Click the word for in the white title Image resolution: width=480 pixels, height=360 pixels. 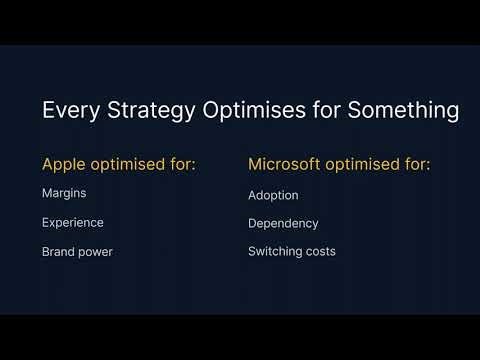[323, 111]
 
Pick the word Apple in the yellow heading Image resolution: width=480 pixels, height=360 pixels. [63, 164]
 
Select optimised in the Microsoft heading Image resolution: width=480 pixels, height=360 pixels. [366, 164]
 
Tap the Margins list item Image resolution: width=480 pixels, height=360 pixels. [63, 195]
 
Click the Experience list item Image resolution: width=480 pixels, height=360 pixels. [72, 223]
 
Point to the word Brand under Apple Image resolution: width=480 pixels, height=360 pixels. [59, 252]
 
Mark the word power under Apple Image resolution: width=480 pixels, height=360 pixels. [97, 252]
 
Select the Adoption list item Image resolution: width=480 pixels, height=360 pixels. [273, 195]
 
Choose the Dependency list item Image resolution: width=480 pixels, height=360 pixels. [283, 223]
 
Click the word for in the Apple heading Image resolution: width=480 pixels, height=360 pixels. [183, 164]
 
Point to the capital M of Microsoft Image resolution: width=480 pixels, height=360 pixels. [255, 164]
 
